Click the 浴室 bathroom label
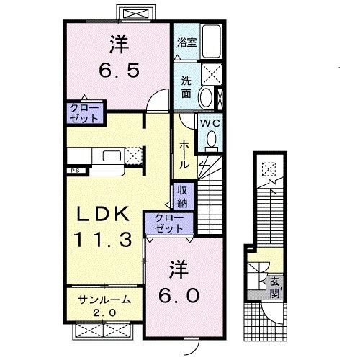pos(186,42)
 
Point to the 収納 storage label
pos(182,195)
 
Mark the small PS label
pos(75,171)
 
